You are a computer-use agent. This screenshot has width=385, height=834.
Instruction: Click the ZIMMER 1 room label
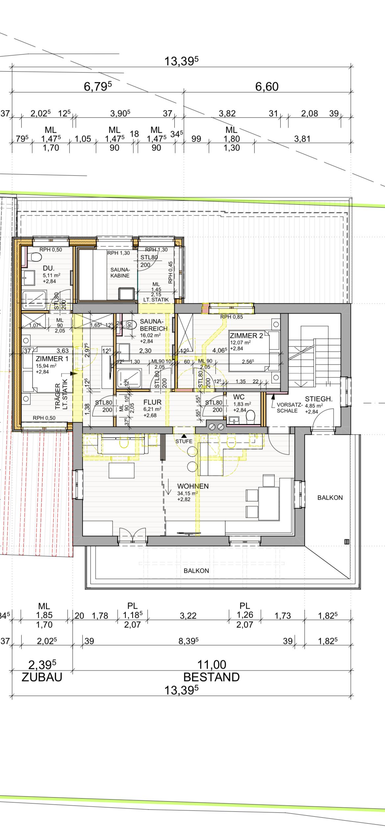52,359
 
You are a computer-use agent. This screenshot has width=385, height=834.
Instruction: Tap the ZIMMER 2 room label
246,336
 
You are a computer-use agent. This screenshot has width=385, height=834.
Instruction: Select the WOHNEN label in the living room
193,486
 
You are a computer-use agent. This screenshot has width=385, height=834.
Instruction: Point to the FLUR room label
152,402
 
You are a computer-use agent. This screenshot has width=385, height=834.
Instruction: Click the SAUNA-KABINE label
120,273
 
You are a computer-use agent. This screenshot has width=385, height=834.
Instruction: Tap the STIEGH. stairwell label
319,399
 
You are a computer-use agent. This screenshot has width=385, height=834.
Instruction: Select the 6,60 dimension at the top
267,87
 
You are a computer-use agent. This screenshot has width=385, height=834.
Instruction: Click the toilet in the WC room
251,415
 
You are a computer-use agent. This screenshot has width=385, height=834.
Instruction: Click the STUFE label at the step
184,441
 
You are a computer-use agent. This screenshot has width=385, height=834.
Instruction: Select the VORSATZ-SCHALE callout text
289,408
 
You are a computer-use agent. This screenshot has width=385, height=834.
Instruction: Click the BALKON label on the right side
330,498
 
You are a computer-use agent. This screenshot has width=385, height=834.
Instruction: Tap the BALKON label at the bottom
196,571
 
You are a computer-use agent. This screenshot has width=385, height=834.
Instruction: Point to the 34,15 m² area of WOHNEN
188,493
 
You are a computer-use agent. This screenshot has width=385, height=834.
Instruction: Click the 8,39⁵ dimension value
189,641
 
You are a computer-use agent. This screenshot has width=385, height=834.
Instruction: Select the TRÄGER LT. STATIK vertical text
61,395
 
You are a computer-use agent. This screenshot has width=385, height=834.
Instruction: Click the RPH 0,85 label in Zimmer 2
232,317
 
